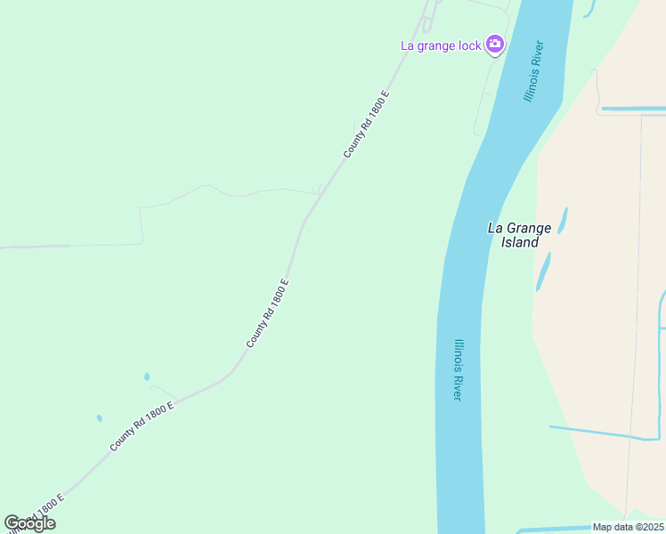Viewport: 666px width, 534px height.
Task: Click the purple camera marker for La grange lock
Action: tap(495, 44)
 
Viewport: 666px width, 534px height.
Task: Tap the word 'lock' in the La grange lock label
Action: tap(469, 45)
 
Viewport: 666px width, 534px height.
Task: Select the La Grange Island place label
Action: tap(519, 235)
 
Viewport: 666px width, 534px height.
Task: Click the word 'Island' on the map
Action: tap(519, 242)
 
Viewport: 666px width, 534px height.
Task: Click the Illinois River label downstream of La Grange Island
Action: tap(459, 369)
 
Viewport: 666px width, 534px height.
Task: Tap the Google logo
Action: tap(29, 523)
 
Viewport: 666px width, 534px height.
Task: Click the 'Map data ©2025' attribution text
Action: tap(628, 527)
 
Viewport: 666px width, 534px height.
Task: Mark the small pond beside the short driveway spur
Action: tap(147, 376)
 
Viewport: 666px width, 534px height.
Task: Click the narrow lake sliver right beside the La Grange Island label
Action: tap(562, 220)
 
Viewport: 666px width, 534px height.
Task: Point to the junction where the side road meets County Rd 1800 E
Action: tap(320, 193)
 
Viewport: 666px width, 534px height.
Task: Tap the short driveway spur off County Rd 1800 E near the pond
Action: tap(165, 392)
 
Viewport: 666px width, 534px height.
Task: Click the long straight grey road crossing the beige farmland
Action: tap(634, 311)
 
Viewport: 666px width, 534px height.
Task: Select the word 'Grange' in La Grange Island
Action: tap(529, 228)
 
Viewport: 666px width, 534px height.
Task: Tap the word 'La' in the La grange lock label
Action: tap(409, 45)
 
